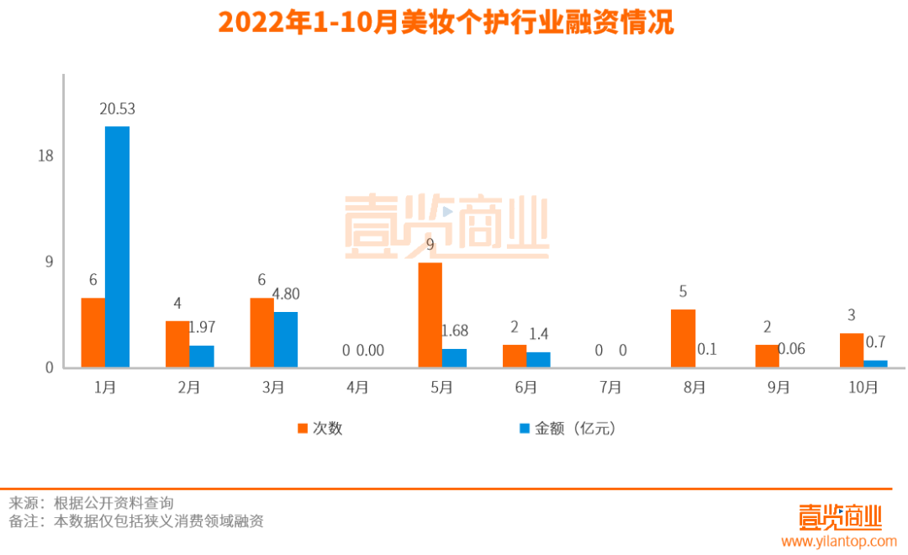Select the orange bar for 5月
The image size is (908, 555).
(x=430, y=314)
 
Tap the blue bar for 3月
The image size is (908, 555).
(x=286, y=339)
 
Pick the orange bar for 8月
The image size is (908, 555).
(x=683, y=338)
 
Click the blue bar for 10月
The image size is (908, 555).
(x=875, y=363)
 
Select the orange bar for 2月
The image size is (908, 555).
(x=177, y=344)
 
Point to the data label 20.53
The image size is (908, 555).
(x=117, y=108)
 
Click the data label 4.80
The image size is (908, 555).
(x=286, y=294)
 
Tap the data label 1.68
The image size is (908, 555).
(x=454, y=331)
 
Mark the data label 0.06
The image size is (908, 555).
(x=791, y=348)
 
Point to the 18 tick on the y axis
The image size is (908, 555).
(x=45, y=156)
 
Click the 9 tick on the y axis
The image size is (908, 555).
(x=49, y=262)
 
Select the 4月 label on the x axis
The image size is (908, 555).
(x=357, y=388)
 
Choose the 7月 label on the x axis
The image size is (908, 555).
(x=610, y=388)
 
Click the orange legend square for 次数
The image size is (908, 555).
(x=303, y=428)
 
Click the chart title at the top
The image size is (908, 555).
(x=446, y=24)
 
